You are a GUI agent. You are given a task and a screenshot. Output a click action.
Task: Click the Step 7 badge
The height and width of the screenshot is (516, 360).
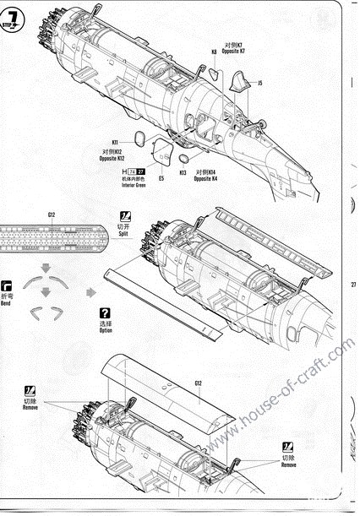pyautogui.click(x=14, y=20)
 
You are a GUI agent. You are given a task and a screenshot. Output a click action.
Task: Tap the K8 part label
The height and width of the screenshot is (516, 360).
pyautogui.click(x=214, y=52)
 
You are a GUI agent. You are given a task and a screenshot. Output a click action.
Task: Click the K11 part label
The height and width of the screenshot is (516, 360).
pyautogui.click(x=114, y=141)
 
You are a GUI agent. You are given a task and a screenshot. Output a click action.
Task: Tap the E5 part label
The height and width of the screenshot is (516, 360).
pyautogui.click(x=161, y=178)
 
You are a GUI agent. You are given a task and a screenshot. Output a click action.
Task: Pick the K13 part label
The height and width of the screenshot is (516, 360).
pyautogui.click(x=183, y=172)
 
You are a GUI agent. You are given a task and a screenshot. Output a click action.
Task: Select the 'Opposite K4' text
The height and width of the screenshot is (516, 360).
pyautogui.click(x=205, y=178)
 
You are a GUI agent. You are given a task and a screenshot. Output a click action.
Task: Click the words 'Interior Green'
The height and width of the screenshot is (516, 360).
pyautogui.click(x=123, y=185)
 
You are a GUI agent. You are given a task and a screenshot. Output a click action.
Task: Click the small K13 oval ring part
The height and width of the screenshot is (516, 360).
pyautogui.click(x=185, y=157)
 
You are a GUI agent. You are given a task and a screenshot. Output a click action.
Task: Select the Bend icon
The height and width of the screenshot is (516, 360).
pyautogui.click(x=8, y=286)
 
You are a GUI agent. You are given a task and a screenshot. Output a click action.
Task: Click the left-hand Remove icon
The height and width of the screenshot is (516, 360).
pyautogui.click(x=30, y=390)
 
